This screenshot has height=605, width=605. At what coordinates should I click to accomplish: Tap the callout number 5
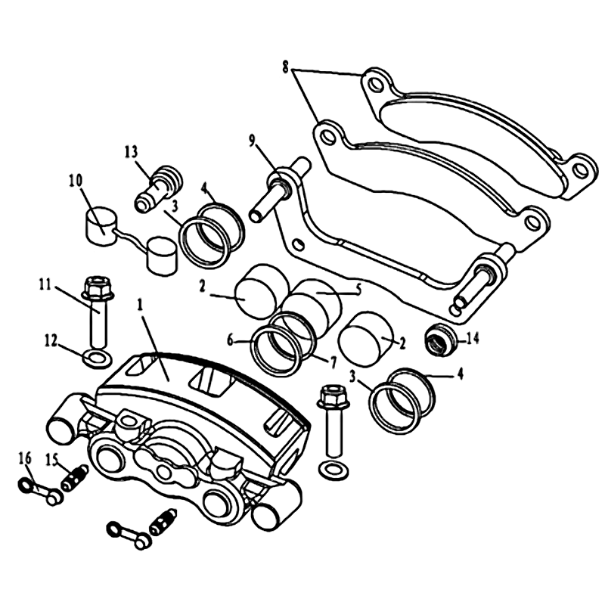(358, 289)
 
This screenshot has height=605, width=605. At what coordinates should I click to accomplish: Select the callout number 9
(252, 141)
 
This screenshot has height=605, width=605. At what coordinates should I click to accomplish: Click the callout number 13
(131, 152)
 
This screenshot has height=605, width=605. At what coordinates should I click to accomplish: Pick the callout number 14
(473, 339)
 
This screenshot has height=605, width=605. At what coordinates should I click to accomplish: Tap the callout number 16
(25, 460)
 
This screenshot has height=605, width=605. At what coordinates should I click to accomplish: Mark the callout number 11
(45, 285)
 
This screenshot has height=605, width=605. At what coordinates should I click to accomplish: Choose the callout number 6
(231, 341)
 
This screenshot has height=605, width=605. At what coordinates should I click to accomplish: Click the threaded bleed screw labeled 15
(75, 479)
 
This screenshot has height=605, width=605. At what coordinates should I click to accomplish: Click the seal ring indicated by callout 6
(275, 351)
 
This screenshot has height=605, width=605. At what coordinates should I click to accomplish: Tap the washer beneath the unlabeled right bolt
(334, 470)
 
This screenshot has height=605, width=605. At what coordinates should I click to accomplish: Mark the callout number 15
(51, 460)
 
